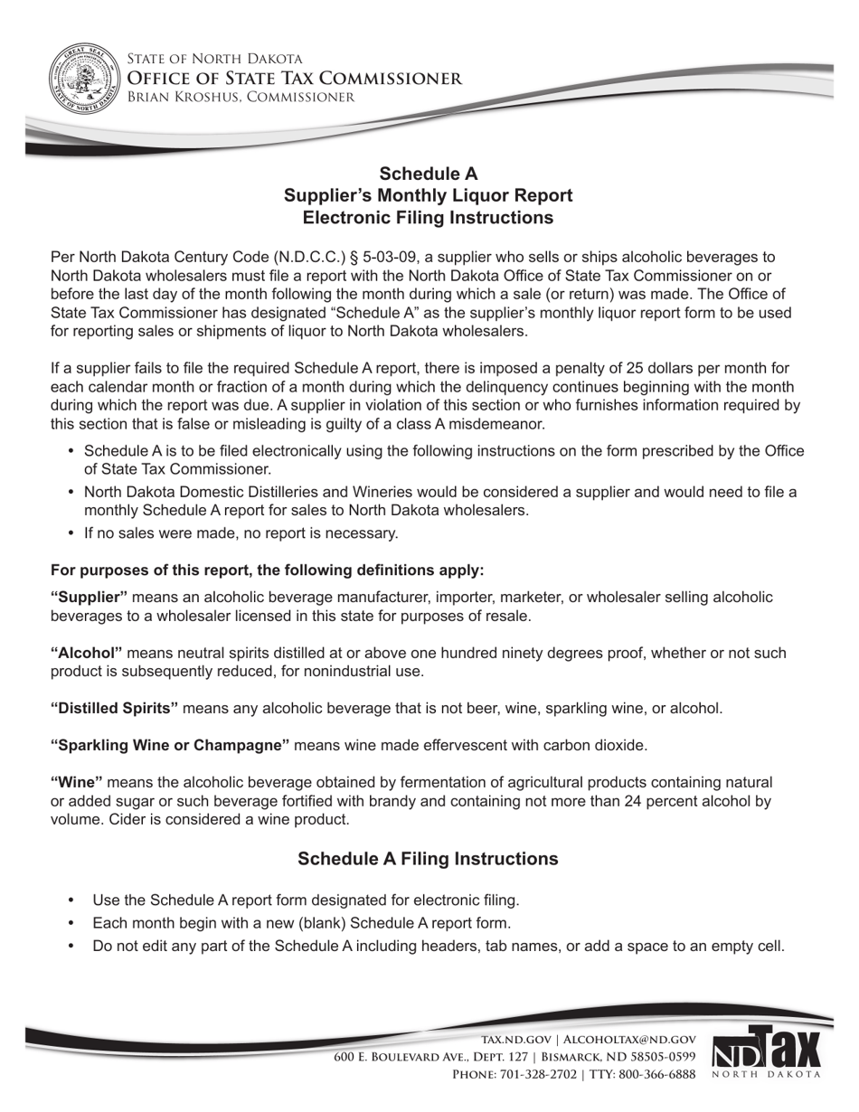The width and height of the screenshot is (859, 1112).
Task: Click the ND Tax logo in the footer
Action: (x=767, y=1051)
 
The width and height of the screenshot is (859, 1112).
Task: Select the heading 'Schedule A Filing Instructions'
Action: (x=428, y=859)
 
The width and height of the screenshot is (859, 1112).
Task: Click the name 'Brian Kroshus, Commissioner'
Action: (x=240, y=97)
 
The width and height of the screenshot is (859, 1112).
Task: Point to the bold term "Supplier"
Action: (x=90, y=598)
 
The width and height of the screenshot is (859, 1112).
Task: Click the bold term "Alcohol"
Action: (x=87, y=653)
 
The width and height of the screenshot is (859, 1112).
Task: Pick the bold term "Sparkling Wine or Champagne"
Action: (x=170, y=745)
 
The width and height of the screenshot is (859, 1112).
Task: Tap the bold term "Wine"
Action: (x=77, y=782)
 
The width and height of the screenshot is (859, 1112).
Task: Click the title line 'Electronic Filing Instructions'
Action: (x=428, y=218)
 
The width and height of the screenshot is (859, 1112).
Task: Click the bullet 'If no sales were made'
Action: (x=241, y=533)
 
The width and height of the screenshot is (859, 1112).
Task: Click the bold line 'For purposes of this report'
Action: (x=267, y=570)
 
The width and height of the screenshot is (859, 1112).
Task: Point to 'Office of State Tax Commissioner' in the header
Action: (x=294, y=79)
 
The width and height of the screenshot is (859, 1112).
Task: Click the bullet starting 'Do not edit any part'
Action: (x=438, y=947)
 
